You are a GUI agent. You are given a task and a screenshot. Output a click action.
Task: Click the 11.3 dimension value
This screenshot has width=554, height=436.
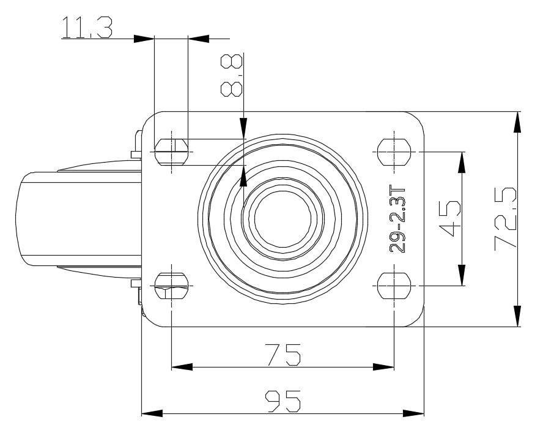(86, 29)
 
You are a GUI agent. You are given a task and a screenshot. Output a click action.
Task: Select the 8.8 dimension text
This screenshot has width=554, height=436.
(232, 75)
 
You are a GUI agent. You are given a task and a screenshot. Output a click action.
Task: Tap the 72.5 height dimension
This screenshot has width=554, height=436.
(506, 218)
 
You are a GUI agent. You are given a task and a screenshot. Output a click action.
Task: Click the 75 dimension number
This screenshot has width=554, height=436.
(282, 355)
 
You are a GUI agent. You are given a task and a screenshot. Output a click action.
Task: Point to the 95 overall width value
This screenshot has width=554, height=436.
(283, 402)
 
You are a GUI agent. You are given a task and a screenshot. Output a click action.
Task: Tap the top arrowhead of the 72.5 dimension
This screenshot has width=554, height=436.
(518, 121)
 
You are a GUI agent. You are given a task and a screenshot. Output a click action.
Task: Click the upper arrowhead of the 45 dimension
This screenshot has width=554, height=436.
(462, 161)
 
